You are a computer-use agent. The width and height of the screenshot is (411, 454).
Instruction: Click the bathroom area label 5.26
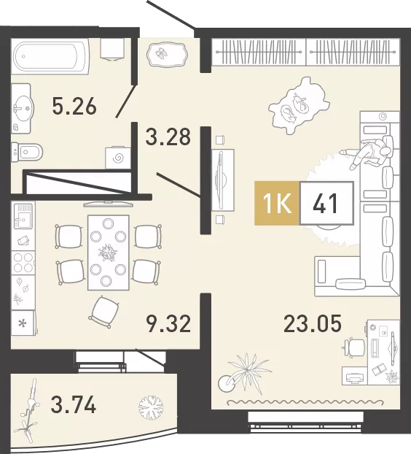click(74, 107)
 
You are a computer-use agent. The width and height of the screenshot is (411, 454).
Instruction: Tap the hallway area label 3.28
click(168, 136)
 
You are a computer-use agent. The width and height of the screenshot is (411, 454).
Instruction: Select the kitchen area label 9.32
click(169, 323)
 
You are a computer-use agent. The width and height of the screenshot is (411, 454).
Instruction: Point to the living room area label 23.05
click(313, 323)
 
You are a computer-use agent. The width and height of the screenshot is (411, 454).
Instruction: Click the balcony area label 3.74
click(73, 405)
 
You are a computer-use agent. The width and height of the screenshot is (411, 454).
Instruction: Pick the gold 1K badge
click(277, 203)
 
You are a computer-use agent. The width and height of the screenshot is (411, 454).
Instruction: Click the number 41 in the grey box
click(326, 203)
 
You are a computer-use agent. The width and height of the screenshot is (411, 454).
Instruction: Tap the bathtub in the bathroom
click(50, 56)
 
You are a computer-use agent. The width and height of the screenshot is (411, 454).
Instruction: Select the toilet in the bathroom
click(28, 151)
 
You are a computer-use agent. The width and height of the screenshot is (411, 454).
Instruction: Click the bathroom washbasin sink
click(22, 109)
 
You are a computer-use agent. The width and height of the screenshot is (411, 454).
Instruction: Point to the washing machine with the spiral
click(117, 158)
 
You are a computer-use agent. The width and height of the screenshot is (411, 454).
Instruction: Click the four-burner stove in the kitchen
click(23, 262)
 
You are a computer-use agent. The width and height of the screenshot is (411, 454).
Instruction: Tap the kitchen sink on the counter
click(23, 216)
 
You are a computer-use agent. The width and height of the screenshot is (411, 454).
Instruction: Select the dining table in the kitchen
click(109, 253)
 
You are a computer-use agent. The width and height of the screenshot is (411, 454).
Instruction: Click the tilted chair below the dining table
click(104, 312)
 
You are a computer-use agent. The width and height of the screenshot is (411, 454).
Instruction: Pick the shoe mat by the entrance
click(168, 55)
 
